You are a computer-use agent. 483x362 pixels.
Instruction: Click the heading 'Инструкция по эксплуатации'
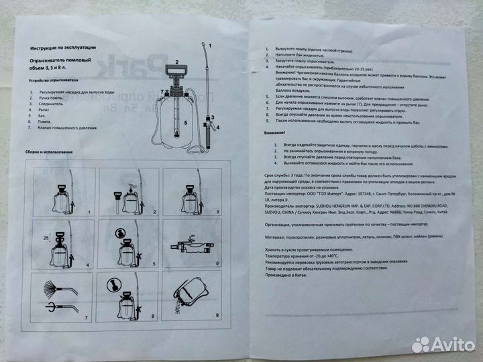click(x=63, y=48)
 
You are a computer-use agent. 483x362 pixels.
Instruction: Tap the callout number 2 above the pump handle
click(x=176, y=62)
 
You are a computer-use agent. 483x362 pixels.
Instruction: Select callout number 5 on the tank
click(x=186, y=123)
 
